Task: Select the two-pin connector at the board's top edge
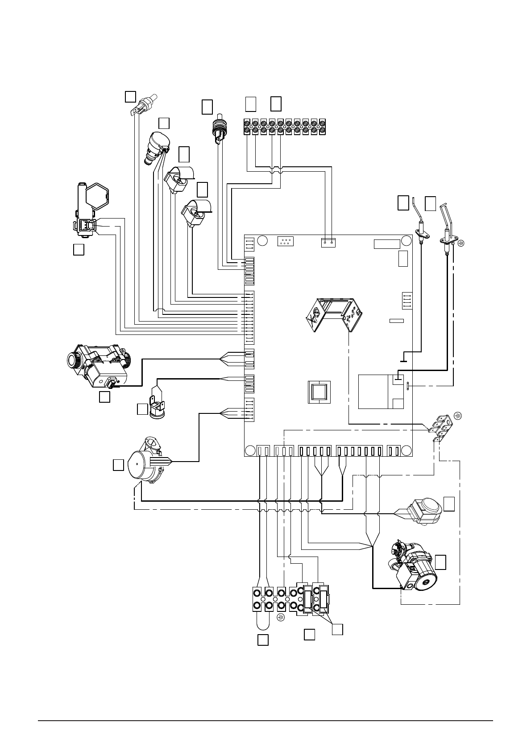[x=328, y=243]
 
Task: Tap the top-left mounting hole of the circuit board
[x=263, y=241]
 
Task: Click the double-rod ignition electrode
[x=447, y=227]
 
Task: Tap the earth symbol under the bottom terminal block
[x=281, y=618]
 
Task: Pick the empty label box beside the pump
[x=440, y=562]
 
